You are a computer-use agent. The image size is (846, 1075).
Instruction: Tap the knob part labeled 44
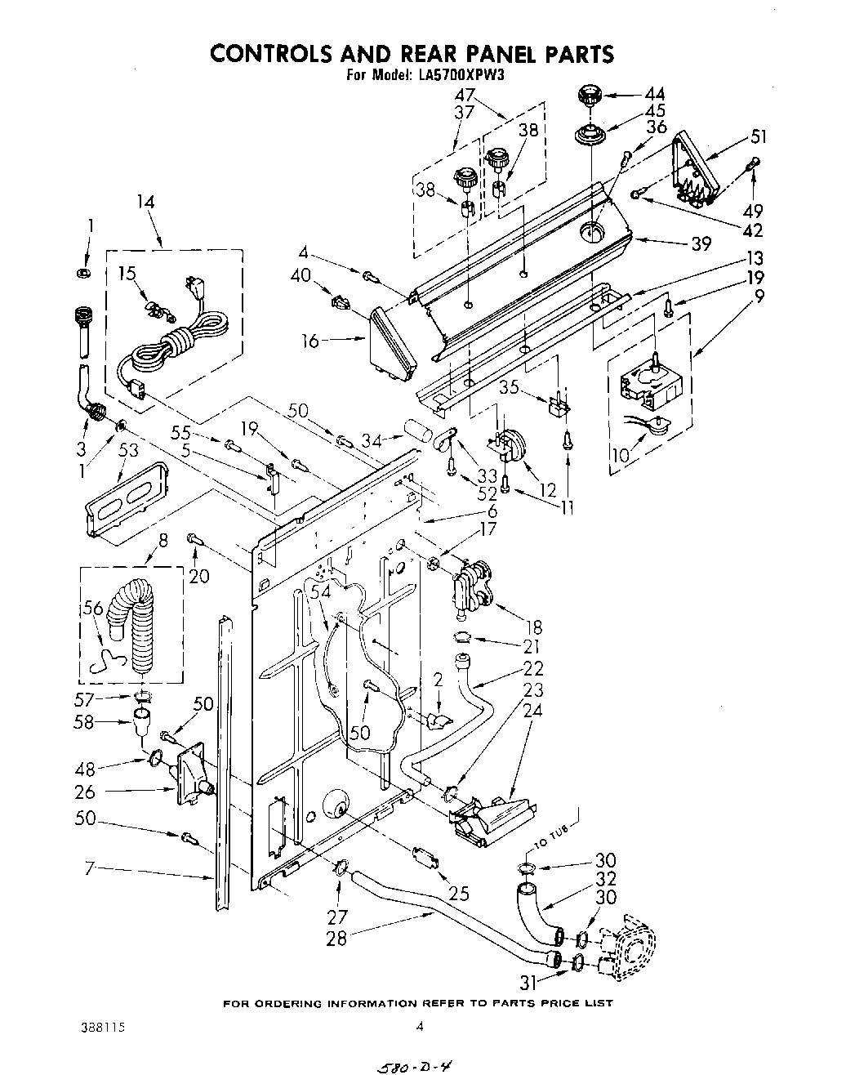[588, 96]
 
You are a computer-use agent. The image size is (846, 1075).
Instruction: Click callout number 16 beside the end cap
[310, 341]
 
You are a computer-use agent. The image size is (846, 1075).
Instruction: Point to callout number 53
[128, 450]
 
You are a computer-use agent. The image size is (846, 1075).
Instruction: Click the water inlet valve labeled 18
[470, 585]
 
